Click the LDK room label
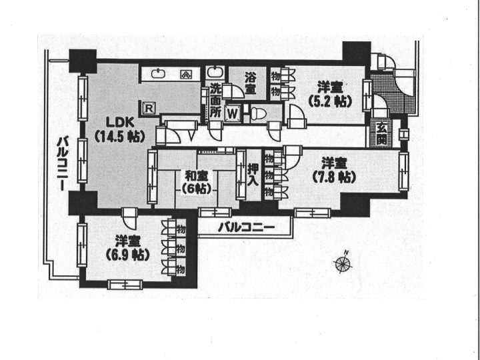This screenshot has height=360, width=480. (x=120, y=123)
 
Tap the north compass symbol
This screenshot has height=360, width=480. (x=343, y=263)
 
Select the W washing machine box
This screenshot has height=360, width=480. (x=233, y=114)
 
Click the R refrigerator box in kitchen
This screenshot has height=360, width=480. (x=149, y=108)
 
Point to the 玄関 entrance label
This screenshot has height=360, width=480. (x=381, y=133)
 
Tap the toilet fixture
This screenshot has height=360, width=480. (x=259, y=113)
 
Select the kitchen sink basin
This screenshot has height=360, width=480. (x=159, y=74)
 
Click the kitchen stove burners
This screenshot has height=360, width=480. (x=185, y=74)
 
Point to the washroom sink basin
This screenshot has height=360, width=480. (x=214, y=73)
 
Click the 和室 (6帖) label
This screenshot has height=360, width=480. (x=197, y=183)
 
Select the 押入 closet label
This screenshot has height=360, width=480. (x=253, y=175)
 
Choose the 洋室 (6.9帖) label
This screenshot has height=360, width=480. (x=127, y=248)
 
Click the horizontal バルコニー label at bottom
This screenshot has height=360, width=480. (x=246, y=227)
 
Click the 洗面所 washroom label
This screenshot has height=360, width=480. (x=215, y=101)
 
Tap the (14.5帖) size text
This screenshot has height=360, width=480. (x=119, y=137)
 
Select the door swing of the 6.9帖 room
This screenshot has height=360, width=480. (x=129, y=218)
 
